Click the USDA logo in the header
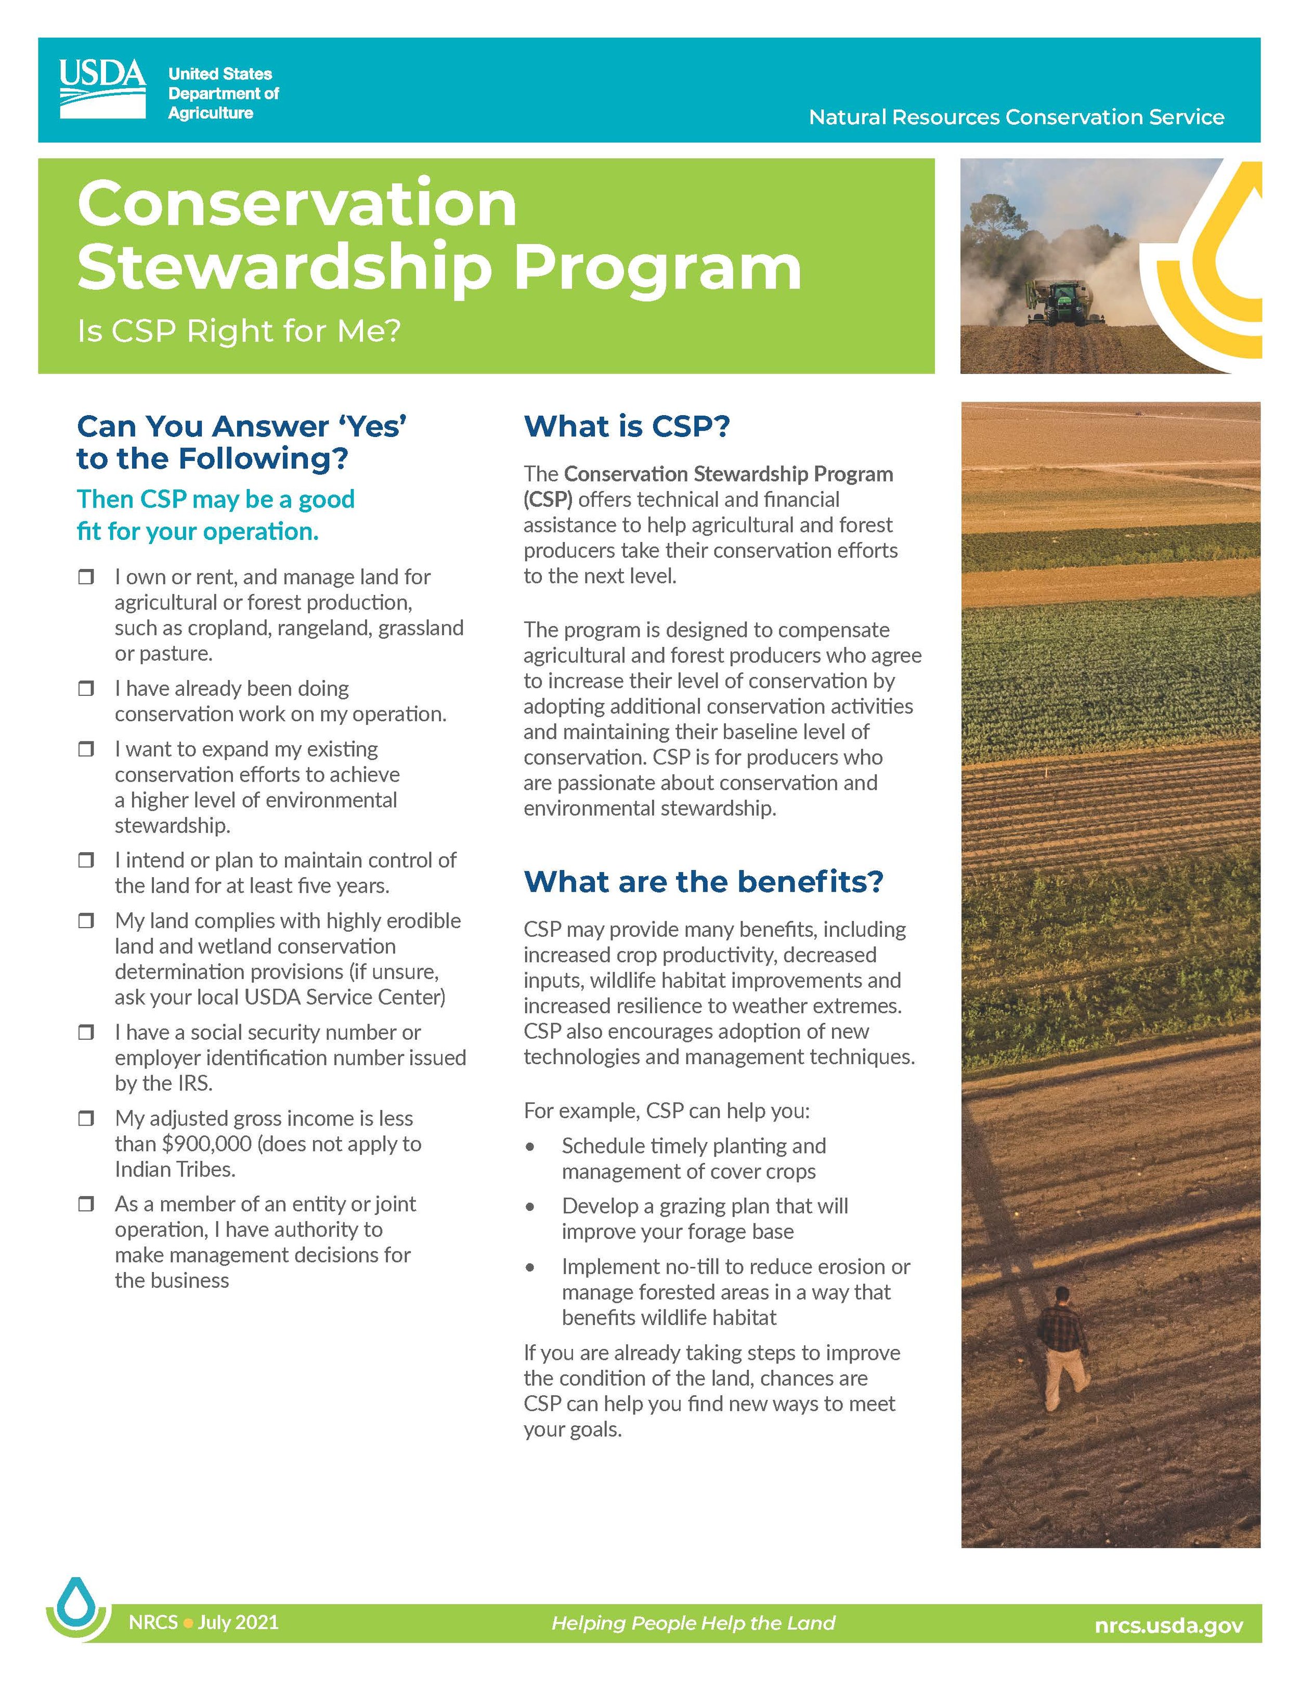[x=102, y=89]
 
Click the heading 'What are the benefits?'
[x=703, y=881]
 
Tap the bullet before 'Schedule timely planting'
[x=530, y=1147]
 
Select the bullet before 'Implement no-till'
[x=530, y=1268]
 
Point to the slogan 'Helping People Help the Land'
[x=693, y=1623]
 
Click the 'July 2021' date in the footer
[x=238, y=1622]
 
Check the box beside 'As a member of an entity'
[x=86, y=1205]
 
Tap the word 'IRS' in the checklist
[x=192, y=1084]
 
